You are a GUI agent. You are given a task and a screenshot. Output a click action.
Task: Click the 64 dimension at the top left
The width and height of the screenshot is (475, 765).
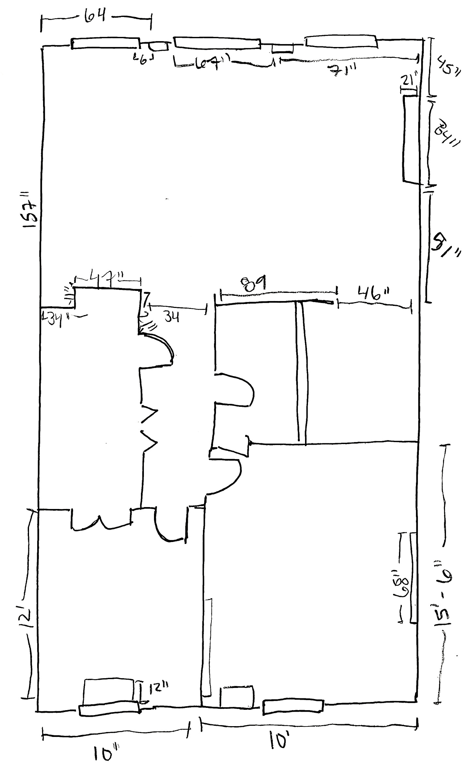[x=95, y=16]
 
